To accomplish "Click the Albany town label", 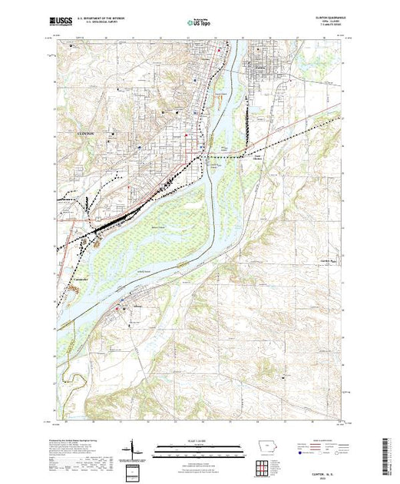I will pyautogui.click(x=139, y=306).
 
